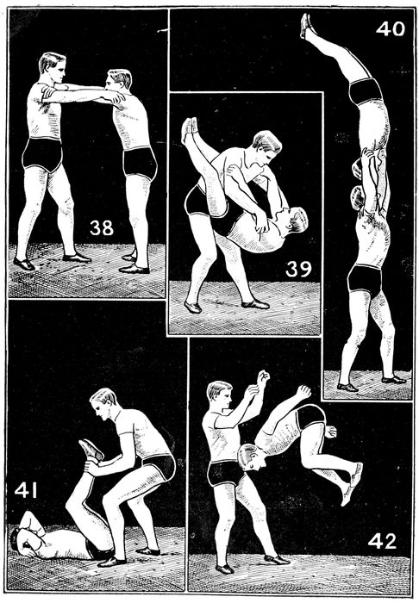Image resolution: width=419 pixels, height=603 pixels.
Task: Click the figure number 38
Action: point(102,227)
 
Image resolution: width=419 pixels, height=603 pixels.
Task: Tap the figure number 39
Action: point(298,269)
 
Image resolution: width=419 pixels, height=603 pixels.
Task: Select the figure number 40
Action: point(391,28)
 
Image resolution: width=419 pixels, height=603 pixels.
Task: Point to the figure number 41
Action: point(25,490)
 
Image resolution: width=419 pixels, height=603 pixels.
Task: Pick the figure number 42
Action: point(382,542)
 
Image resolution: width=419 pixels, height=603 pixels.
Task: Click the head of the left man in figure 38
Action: point(53,67)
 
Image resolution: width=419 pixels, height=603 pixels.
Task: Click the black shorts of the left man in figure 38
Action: point(42,154)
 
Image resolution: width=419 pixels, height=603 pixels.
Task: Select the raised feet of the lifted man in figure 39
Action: point(190,129)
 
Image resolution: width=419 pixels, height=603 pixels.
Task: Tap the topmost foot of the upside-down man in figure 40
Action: point(307,25)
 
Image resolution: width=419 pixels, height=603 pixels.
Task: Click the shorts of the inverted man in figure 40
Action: point(366,91)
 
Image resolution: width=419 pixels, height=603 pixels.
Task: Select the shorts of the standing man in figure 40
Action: point(364,280)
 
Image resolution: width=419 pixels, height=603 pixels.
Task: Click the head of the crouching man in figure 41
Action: point(103,404)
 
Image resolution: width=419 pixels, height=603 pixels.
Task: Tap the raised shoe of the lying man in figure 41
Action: point(91,450)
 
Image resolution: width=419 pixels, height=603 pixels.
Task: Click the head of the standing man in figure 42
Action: point(220,396)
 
